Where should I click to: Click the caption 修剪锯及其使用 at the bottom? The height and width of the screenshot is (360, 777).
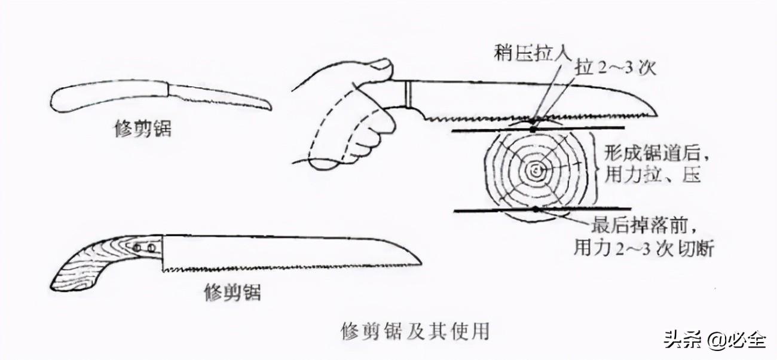[415, 331]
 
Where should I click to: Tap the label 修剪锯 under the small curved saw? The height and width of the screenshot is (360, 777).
[143, 129]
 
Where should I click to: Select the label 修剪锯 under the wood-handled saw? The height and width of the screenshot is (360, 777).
[233, 292]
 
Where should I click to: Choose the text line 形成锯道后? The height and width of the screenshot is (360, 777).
[656, 152]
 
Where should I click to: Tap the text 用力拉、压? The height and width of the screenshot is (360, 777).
[653, 175]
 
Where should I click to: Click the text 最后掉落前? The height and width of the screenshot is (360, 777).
[645, 226]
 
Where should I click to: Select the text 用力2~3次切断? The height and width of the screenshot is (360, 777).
[644, 249]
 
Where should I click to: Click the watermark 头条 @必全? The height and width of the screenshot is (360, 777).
[715, 340]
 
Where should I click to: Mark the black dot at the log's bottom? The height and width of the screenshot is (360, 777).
[536, 209]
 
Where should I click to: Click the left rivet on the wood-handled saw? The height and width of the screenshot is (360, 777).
[137, 248]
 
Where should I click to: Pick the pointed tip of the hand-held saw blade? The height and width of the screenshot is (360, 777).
[657, 115]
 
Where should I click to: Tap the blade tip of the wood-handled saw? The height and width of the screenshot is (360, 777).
[421, 264]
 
